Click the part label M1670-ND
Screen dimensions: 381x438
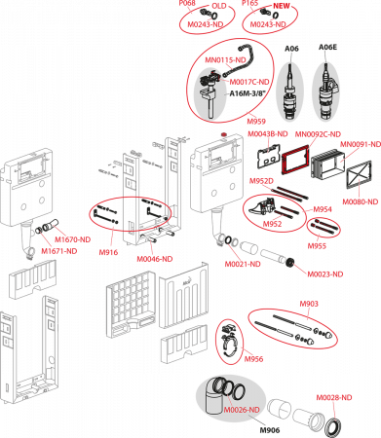(72, 239)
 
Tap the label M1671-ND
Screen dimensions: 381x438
(59, 251)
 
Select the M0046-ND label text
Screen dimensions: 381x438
(155, 259)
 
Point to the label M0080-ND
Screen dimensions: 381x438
(361, 201)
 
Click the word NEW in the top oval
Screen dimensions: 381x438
(282, 6)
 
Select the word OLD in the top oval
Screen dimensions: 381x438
(219, 6)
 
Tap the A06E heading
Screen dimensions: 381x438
(327, 48)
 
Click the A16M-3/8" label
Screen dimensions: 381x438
(248, 93)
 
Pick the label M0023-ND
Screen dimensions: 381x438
(325, 274)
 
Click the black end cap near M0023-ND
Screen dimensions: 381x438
(289, 262)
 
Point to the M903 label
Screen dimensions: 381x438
(309, 304)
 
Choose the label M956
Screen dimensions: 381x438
(253, 359)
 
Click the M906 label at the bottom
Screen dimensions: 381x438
(270, 430)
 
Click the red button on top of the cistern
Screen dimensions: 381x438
(223, 133)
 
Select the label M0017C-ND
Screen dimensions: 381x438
(249, 82)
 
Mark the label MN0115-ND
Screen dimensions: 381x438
(225, 60)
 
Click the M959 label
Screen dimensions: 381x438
(256, 122)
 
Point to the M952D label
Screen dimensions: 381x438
(261, 181)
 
